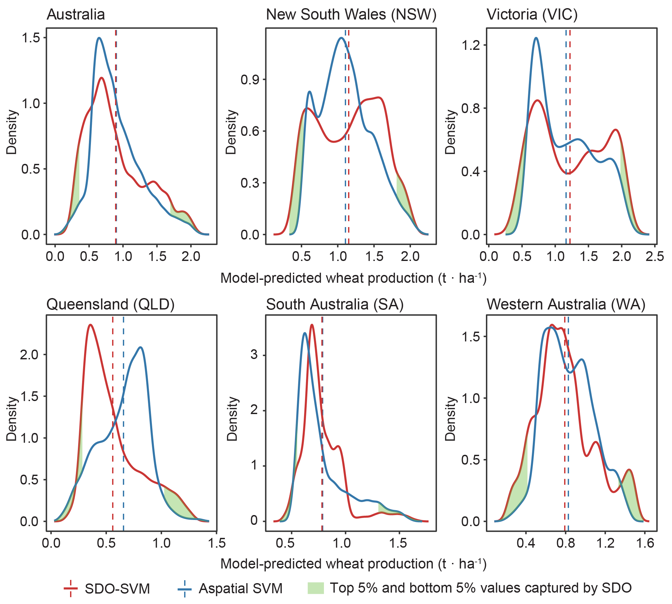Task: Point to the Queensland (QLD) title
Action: point(110,304)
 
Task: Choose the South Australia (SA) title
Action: point(335,304)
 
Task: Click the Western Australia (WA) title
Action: point(566,304)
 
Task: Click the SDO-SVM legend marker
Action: point(70,588)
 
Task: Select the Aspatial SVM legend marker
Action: point(184,588)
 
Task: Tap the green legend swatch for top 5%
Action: point(315,588)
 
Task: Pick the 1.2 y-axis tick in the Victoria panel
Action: point(471,45)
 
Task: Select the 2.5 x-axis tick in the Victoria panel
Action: point(655,256)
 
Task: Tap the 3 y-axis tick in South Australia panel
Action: point(254,355)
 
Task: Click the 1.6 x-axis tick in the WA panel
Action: point(645,543)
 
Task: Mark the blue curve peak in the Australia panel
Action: point(99,38)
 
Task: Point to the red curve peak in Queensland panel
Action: point(90,325)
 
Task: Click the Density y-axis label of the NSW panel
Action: point(231,132)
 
